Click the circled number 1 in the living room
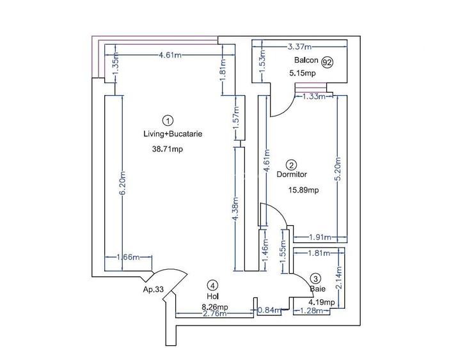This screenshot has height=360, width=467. [x=168, y=120]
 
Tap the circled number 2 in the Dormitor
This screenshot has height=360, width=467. [x=290, y=164]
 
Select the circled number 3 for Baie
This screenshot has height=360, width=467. [x=315, y=279]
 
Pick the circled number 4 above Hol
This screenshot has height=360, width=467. [x=213, y=285]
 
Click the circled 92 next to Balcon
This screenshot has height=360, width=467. [x=328, y=62]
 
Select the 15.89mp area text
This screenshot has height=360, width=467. [x=304, y=190]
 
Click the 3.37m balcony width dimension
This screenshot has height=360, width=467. [x=299, y=47]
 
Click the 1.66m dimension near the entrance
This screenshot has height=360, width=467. [x=128, y=257]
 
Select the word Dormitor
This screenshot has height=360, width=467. [x=292, y=174]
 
